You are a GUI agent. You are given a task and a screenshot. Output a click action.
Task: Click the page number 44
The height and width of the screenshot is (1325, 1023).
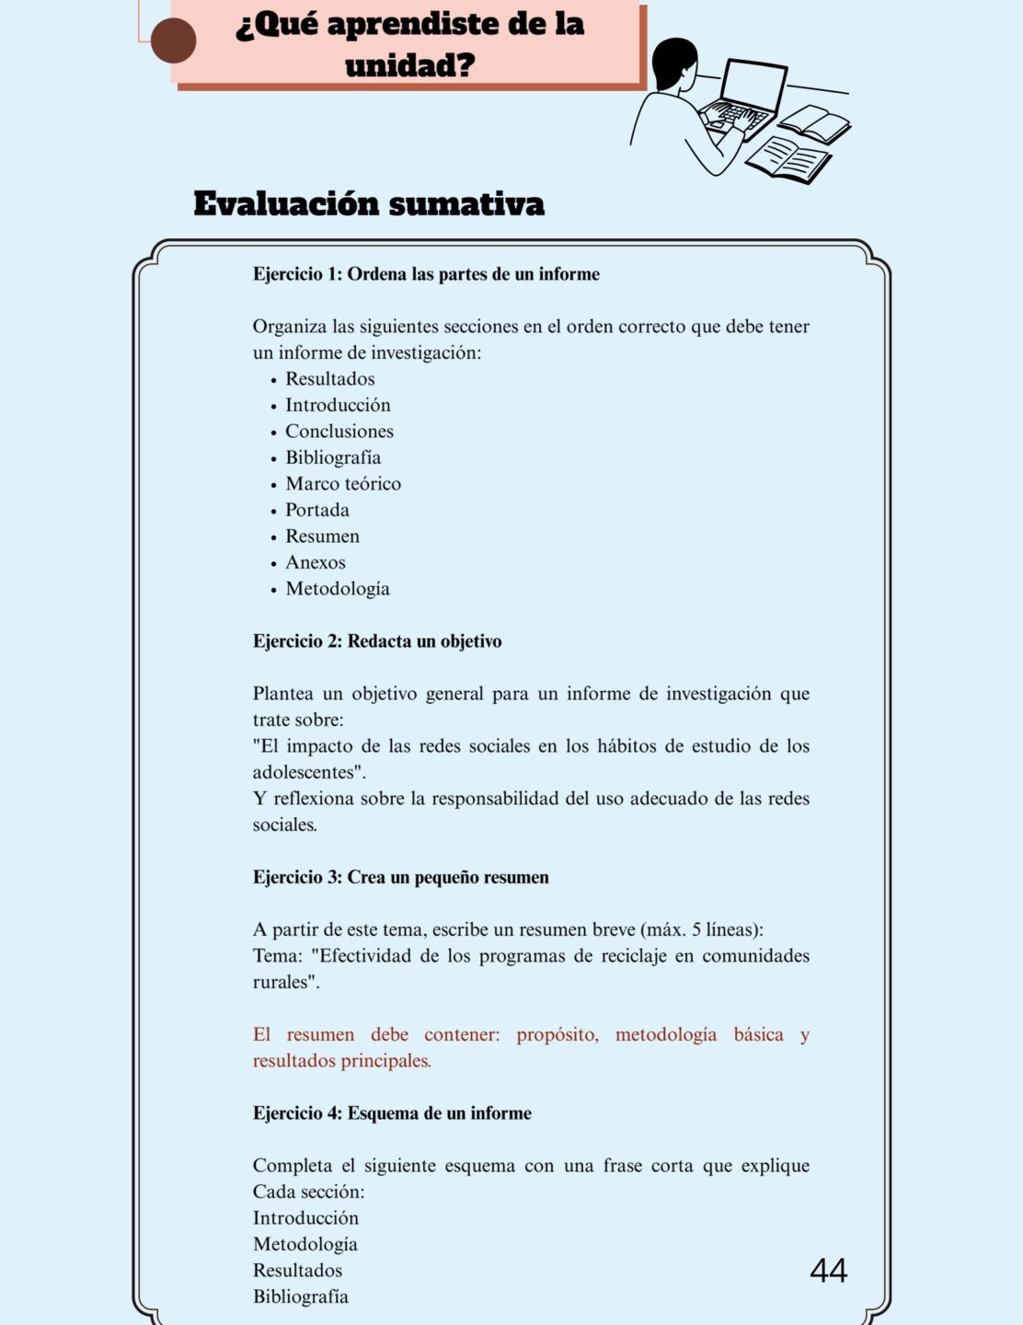[x=828, y=1271]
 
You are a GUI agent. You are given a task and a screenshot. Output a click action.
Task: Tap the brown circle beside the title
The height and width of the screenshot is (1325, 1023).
[x=173, y=41]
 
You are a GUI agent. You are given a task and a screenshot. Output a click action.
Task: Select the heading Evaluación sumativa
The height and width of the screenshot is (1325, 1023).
[x=368, y=203]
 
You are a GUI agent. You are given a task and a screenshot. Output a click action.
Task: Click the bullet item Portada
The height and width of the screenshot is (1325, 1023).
[x=316, y=510]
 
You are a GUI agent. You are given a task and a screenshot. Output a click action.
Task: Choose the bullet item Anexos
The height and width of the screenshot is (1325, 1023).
[x=315, y=562]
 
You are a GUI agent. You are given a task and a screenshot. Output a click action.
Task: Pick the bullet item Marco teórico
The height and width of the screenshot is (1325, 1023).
[x=342, y=484]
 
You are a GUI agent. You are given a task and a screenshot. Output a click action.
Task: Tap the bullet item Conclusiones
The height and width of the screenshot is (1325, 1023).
[x=339, y=432]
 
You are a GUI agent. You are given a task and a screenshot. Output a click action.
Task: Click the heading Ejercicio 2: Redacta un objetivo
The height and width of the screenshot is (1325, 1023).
[x=377, y=641]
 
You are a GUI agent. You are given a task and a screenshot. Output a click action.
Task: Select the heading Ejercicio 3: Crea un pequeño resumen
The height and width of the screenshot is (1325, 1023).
[x=400, y=878]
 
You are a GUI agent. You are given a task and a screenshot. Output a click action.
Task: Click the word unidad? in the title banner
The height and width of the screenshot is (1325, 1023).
[x=409, y=66]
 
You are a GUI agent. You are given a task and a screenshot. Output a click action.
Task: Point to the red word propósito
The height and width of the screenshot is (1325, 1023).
[x=557, y=1035]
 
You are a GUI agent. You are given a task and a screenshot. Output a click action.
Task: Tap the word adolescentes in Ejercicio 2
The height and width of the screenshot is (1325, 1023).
[x=304, y=773]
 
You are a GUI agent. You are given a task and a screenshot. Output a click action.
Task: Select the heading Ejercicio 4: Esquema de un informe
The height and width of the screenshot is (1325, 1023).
[x=392, y=1113]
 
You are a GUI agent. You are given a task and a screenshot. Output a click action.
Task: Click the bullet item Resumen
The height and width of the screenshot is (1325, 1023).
[x=322, y=536]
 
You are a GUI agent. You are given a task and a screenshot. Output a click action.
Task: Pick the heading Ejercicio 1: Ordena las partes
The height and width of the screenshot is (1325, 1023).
[x=426, y=274]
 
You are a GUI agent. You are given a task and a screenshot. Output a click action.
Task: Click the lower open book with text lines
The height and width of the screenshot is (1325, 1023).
[x=787, y=158]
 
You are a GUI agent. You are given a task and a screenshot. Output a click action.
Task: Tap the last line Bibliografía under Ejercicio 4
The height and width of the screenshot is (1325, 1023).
[x=300, y=1297]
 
